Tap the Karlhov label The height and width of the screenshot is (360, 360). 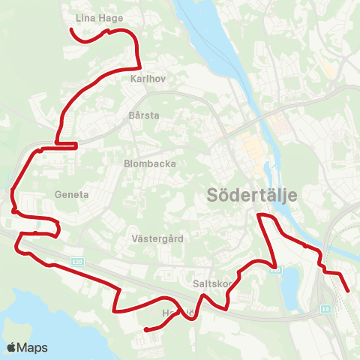(147, 78)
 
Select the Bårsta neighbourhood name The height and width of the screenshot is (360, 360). (145, 116)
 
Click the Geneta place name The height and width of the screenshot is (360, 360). (72, 194)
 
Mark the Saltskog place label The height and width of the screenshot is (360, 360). (211, 284)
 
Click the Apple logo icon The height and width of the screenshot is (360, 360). (12, 347)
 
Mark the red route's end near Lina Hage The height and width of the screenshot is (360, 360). (71, 30)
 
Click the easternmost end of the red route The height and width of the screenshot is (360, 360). (349, 291)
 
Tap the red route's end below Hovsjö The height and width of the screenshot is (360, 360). (145, 328)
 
